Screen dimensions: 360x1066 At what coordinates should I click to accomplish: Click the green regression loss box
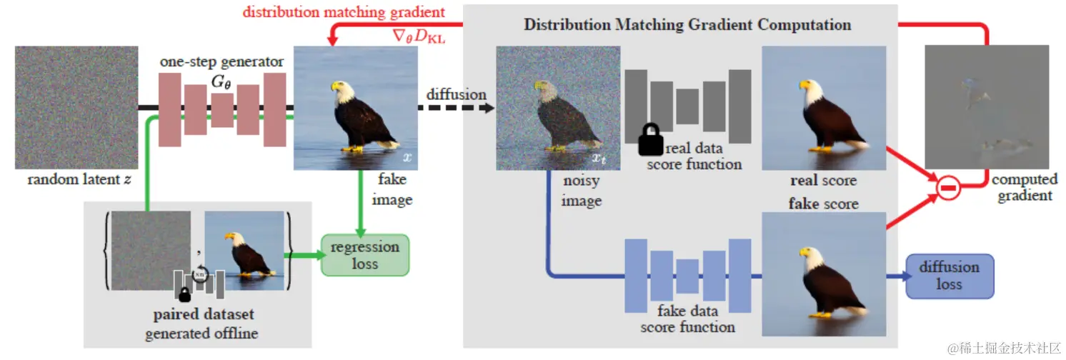click(x=365, y=255)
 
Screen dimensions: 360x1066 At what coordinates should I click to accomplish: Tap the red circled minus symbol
click(x=947, y=188)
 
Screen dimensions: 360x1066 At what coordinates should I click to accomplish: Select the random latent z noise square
click(x=76, y=107)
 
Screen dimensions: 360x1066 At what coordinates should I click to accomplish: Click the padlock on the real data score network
click(x=649, y=140)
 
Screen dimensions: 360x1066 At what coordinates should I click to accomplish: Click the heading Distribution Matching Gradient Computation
click(x=687, y=24)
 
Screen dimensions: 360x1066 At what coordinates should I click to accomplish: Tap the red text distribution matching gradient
click(x=344, y=12)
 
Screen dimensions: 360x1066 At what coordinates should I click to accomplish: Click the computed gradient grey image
click(x=987, y=106)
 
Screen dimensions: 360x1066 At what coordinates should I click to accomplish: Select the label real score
click(x=823, y=181)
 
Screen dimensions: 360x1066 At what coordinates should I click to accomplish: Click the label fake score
click(x=823, y=204)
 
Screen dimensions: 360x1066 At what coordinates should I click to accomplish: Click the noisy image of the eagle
click(x=547, y=107)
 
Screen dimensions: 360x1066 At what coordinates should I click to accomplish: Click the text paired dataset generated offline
click(x=202, y=324)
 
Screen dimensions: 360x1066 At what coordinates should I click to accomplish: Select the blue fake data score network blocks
click(x=688, y=275)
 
